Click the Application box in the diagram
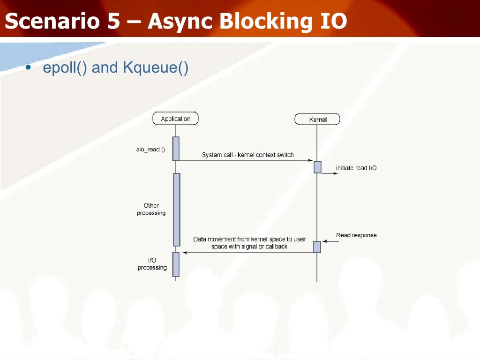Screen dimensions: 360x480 [176, 119]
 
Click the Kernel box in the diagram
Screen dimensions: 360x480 [317, 120]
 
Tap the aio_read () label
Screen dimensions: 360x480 [150, 150]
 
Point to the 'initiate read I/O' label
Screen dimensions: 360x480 [356, 168]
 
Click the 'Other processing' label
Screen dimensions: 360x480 [151, 209]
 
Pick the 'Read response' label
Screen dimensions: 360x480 [356, 235]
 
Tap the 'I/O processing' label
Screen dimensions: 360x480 [152, 264]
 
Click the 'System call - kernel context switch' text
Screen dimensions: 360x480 [248, 155]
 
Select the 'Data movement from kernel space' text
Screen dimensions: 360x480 [249, 239]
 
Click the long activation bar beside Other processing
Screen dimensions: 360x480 [176, 210]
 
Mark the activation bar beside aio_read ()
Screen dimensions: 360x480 [176, 149]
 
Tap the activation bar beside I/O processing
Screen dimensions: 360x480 [176, 264]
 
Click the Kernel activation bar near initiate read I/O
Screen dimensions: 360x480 [317, 167]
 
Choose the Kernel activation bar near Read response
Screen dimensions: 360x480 [317, 247]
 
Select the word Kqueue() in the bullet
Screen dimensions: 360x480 [155, 68]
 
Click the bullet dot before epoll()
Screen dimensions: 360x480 [28, 68]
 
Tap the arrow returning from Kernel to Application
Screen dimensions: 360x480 [248, 253]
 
